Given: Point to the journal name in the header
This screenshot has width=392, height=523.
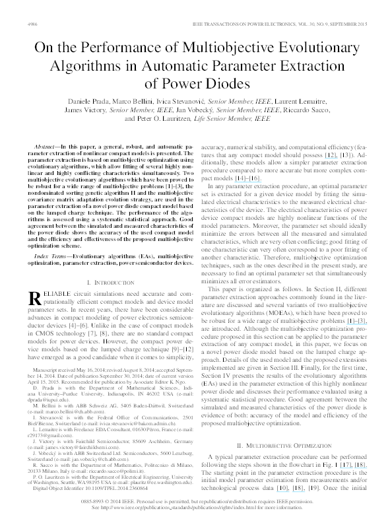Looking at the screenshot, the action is (x=271, y=22).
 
